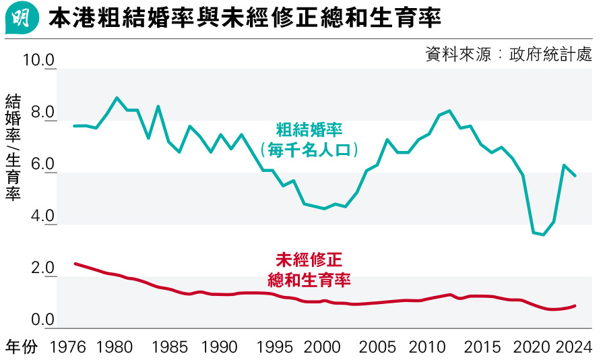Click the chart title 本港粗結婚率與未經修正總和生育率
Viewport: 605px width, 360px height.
pyautogui.click(x=245, y=18)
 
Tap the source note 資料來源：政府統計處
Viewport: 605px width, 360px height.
pyautogui.click(x=509, y=55)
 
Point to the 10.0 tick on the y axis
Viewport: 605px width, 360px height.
pyautogui.click(x=38, y=61)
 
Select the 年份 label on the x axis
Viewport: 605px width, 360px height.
pyautogui.click(x=22, y=347)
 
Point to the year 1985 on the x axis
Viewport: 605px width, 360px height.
pyautogui.click(x=170, y=347)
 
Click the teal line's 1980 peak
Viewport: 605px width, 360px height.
pyautogui.click(x=117, y=98)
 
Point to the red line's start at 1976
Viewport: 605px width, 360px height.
pyautogui.click(x=75, y=264)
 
